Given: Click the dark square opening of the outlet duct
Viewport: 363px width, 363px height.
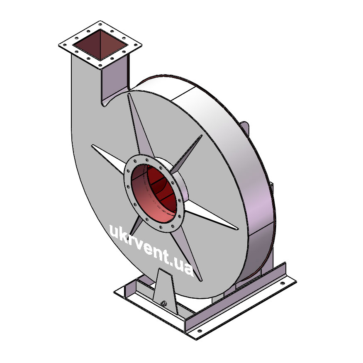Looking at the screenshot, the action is click(100, 45).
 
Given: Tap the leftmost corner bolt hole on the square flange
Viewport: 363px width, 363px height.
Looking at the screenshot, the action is click(65, 45).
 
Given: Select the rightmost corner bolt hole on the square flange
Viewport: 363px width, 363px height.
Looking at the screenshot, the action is click(136, 45).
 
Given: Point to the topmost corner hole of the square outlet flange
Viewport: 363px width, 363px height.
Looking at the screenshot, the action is click(100, 24).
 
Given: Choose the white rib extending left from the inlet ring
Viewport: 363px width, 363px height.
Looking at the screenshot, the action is click(108, 159).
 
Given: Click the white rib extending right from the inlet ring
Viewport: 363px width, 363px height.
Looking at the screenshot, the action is click(210, 215).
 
